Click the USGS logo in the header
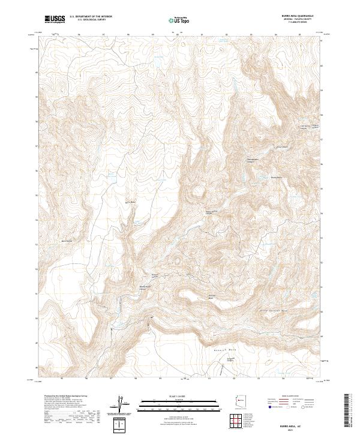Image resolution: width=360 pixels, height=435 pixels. pos(55,19)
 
